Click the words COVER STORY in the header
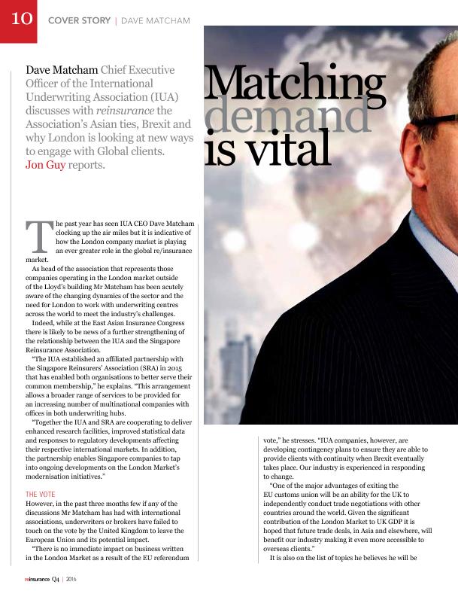[78, 20]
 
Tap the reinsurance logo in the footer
[36, 580]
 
